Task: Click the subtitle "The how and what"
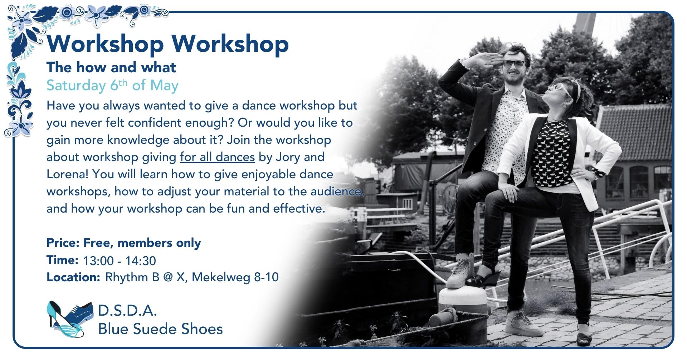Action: click(x=111, y=67)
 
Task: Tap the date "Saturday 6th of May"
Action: click(x=112, y=86)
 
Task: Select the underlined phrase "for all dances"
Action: click(x=217, y=157)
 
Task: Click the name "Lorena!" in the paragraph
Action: click(x=68, y=174)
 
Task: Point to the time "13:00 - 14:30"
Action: click(x=120, y=261)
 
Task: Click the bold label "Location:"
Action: click(x=73, y=277)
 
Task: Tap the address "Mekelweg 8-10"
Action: click(x=235, y=277)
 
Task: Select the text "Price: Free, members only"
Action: click(x=124, y=243)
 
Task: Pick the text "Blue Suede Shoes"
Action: click(x=160, y=329)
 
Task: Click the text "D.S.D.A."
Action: click(x=127, y=311)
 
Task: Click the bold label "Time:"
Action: click(x=62, y=260)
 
